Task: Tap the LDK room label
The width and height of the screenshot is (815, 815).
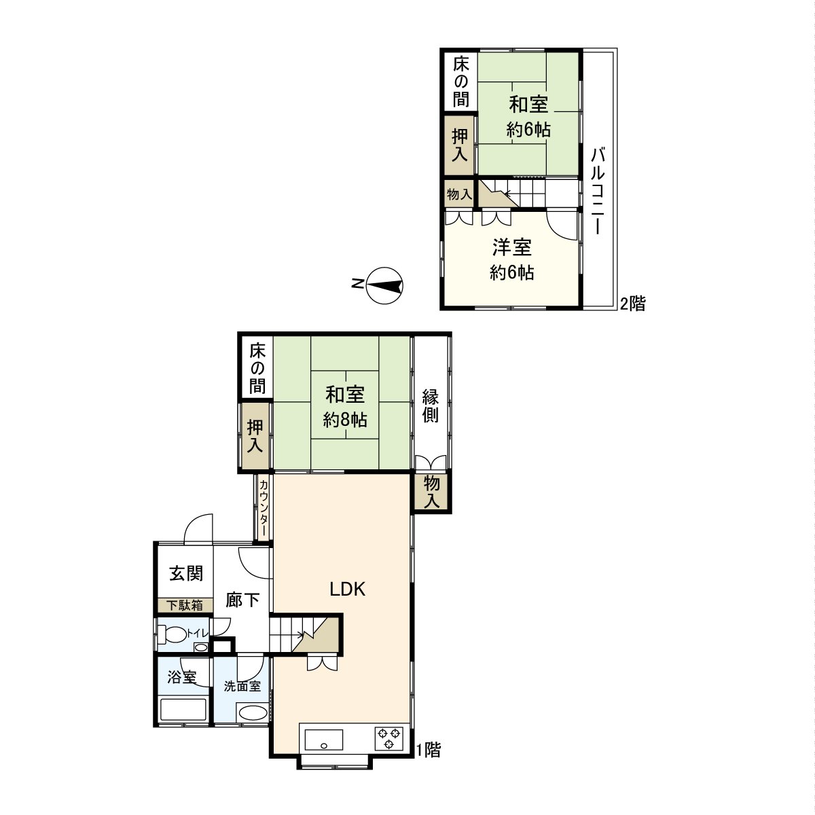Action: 347,589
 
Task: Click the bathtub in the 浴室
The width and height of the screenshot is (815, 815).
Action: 183,710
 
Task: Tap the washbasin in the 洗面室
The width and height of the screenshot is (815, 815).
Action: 253,712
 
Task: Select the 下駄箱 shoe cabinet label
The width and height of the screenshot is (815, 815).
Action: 185,605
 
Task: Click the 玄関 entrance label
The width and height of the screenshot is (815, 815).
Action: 186,573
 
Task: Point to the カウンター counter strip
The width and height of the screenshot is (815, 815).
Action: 263,507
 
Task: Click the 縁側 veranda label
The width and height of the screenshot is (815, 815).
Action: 430,405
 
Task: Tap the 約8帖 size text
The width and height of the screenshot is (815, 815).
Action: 345,420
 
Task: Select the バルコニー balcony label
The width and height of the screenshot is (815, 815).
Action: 598,191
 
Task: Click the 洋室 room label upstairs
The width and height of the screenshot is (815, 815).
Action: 512,247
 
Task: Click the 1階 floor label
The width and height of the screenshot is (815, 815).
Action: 429,749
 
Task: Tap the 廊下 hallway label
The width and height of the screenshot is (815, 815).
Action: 242,600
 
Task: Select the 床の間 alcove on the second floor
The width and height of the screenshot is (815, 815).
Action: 460,82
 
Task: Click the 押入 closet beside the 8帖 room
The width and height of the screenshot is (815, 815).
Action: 255,435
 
